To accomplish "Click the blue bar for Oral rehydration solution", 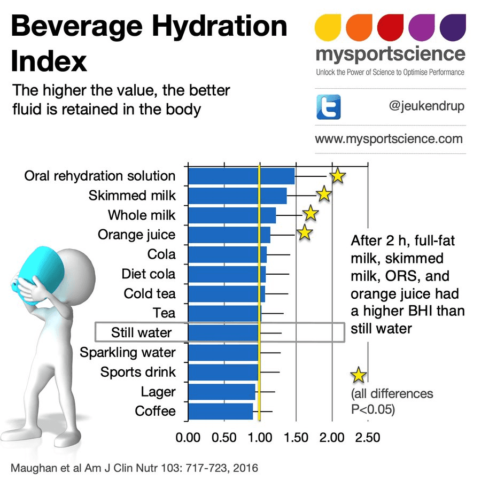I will click(x=241, y=176).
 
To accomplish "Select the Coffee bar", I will click(x=220, y=411).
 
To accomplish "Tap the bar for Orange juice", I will click(x=229, y=235).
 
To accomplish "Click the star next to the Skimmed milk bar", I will click(x=323, y=195).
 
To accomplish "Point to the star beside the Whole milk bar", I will click(x=311, y=214).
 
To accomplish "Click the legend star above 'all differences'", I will click(x=358, y=375).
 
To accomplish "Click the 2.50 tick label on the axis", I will click(x=367, y=438).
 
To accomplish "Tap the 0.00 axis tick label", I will click(x=188, y=438).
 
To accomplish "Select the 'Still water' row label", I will click(x=141, y=332).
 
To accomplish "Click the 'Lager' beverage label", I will click(x=158, y=392).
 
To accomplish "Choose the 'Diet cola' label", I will click(x=148, y=274).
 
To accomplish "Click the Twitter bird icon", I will click(x=329, y=107).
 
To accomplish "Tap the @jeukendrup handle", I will click(x=426, y=106).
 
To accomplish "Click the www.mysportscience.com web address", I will click(x=389, y=139).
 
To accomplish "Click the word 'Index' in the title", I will click(x=49, y=61).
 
